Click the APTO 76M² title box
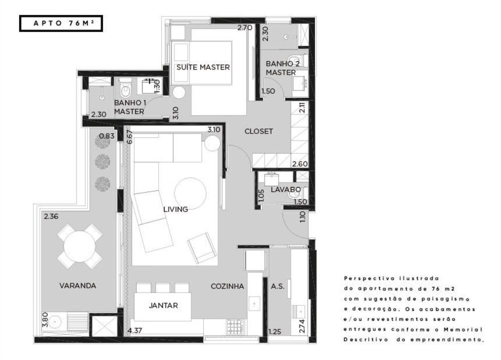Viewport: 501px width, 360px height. (x=61, y=23)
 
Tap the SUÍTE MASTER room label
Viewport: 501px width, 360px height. (x=203, y=67)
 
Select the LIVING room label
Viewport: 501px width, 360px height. (x=176, y=209)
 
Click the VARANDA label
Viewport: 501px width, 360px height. (x=78, y=286)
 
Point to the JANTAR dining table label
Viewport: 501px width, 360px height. (x=163, y=305)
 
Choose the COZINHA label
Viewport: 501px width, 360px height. (x=227, y=286)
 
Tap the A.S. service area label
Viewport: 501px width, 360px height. (x=278, y=286)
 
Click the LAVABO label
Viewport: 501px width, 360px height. (x=286, y=190)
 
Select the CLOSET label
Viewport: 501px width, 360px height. (x=259, y=131)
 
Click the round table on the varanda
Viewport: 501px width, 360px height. (x=80, y=246)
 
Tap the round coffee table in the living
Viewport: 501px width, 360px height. (x=190, y=193)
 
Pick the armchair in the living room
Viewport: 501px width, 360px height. (x=202, y=248)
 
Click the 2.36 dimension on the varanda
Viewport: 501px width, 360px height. (x=51, y=217)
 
